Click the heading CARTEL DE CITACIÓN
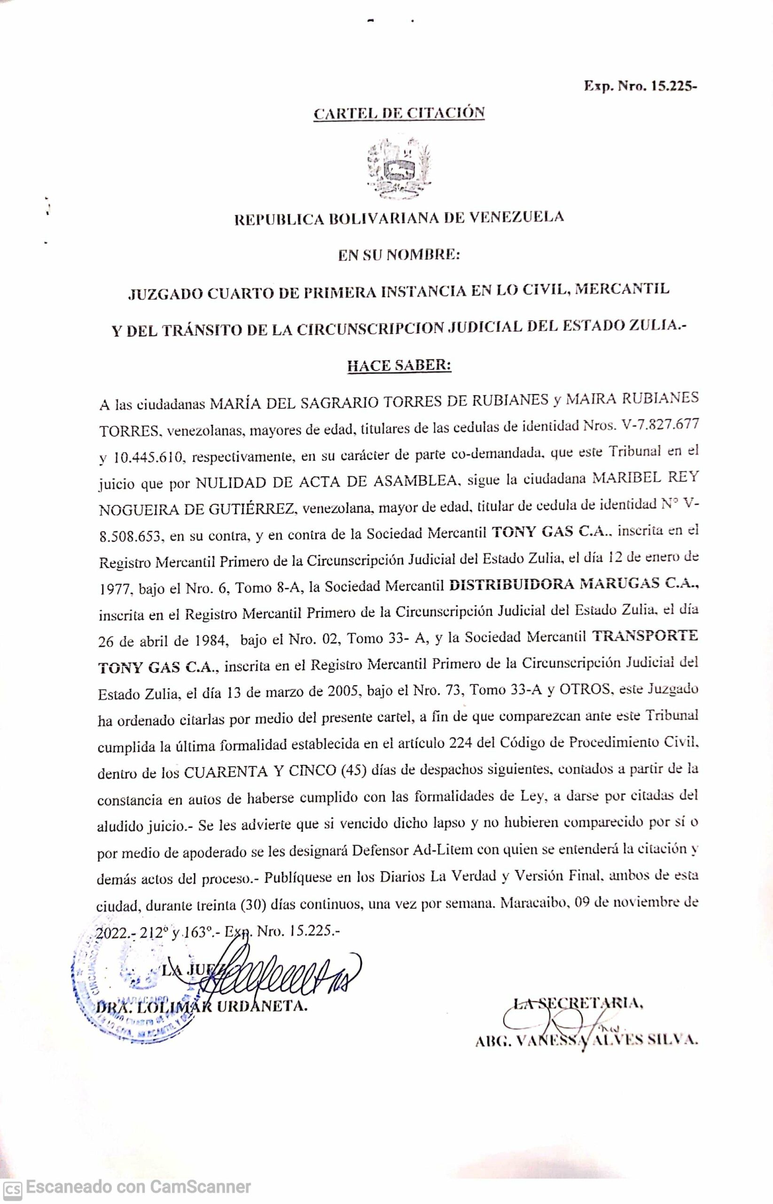click(x=399, y=112)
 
